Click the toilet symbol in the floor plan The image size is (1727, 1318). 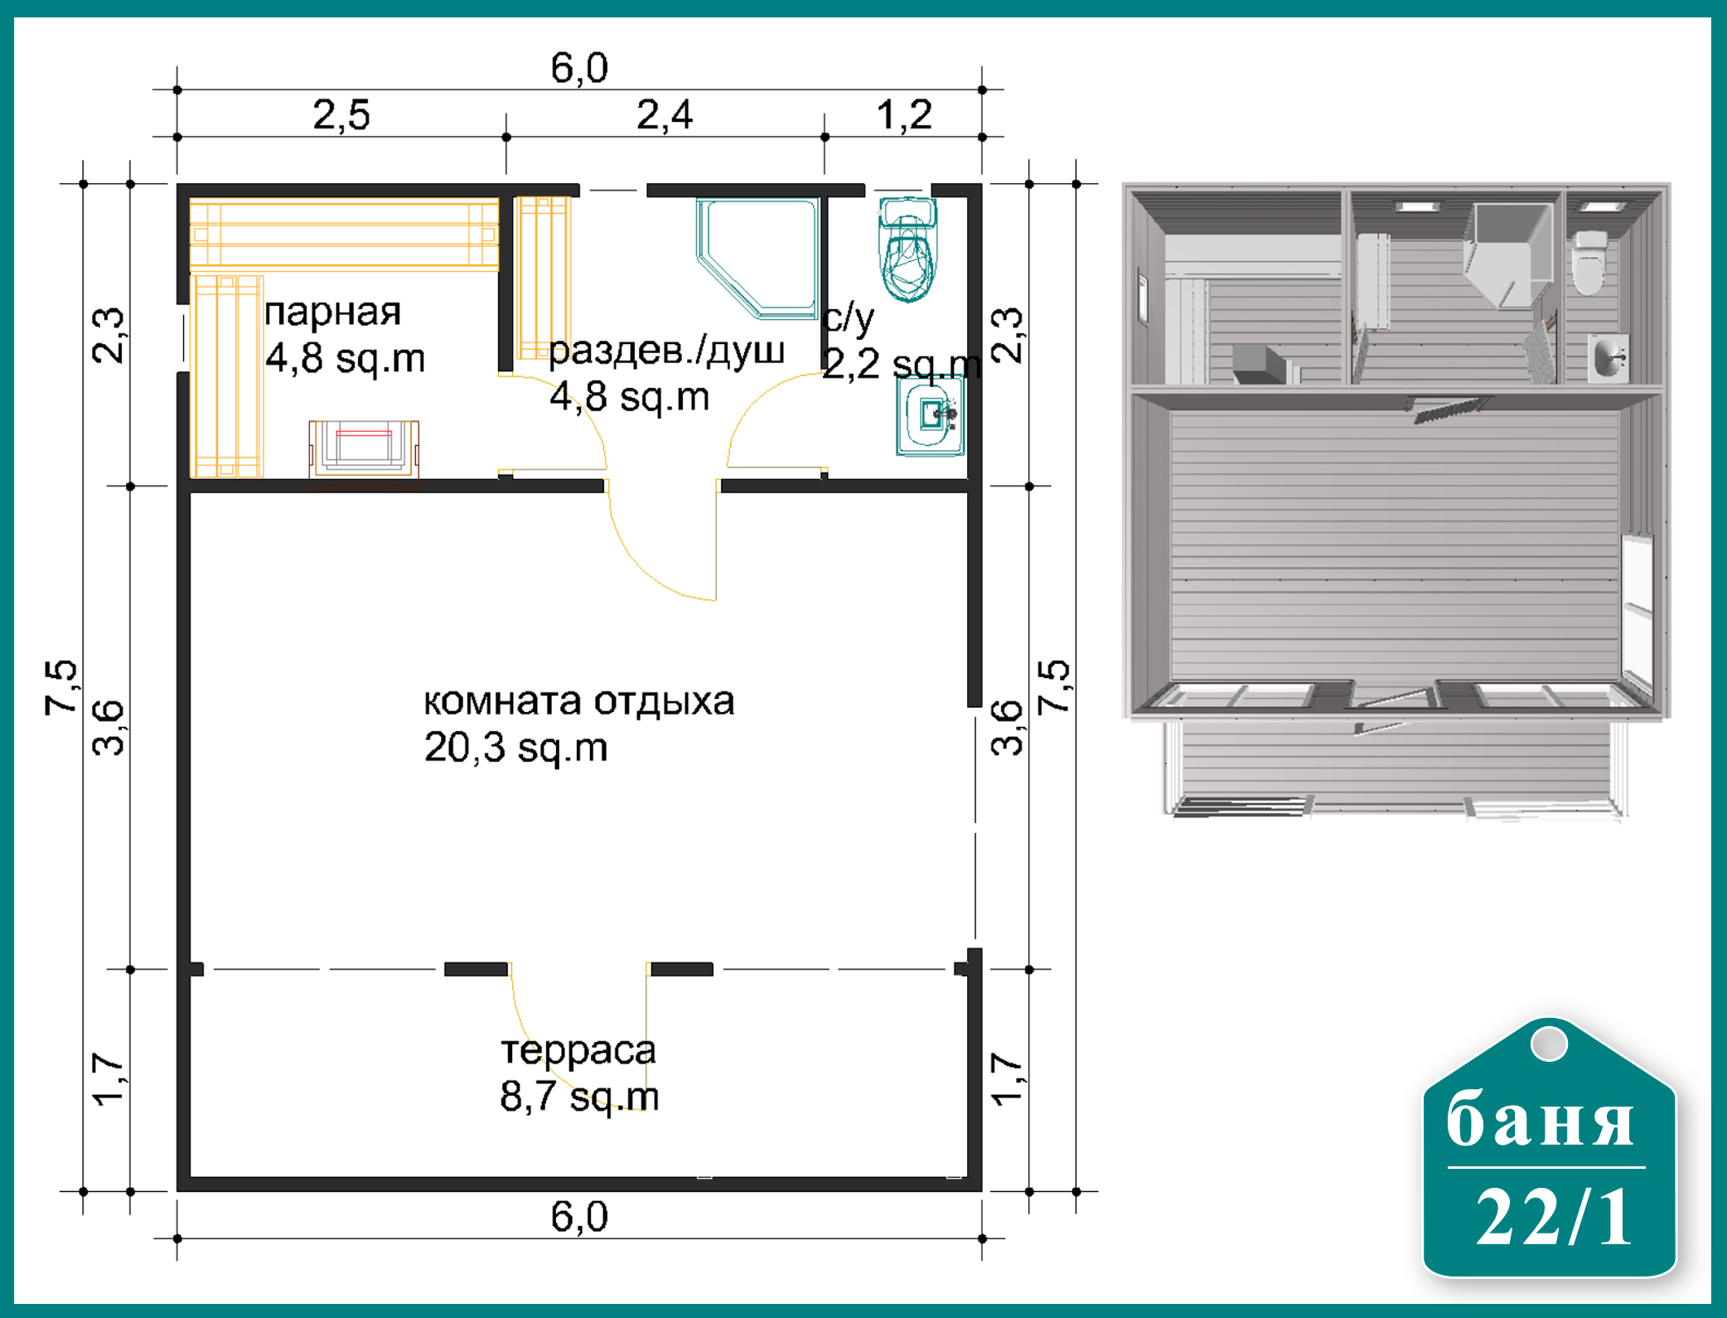pos(908,249)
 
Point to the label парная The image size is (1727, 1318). pos(332,313)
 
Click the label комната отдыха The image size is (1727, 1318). pos(579,701)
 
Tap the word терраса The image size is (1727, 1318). pos(578,1051)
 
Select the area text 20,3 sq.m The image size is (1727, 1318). pos(515,747)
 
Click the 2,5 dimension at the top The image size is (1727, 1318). pos(341,114)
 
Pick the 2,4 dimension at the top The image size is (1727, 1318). pos(665,114)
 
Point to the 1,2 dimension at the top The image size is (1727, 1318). pos(904,114)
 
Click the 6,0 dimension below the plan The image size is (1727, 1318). pos(579,1217)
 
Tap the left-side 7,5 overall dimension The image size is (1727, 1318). pos(61,687)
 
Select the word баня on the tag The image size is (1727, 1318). pos(1541,1119)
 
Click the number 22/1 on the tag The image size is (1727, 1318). pos(1553,1216)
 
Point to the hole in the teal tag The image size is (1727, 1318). pos(1549,1043)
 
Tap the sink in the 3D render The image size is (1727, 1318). pos(1608,358)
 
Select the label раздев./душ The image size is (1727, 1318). pos(666,351)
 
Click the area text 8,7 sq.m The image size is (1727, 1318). pos(579,1097)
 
